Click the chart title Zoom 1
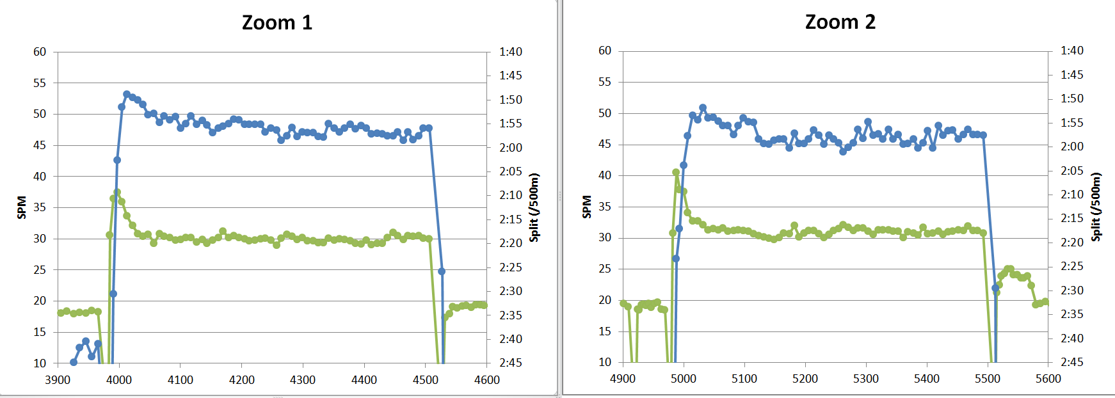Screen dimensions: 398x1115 [x=277, y=23]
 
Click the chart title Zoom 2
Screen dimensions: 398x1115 [x=840, y=22]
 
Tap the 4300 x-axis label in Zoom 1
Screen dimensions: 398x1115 [x=303, y=380]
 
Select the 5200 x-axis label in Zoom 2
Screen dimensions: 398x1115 [x=805, y=379]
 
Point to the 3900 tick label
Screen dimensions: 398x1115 [x=58, y=380]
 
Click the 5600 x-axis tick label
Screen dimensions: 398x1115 [x=1048, y=379]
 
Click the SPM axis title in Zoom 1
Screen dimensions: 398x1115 [x=22, y=207]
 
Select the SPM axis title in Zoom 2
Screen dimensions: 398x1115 [x=587, y=207]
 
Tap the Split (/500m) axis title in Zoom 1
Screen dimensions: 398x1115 [x=534, y=207]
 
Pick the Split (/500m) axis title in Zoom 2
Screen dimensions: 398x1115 [x=1096, y=207]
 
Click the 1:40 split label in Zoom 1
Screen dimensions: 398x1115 [x=511, y=52]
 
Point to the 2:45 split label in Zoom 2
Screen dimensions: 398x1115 [x=1072, y=362]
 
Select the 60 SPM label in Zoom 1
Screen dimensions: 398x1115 [x=40, y=52]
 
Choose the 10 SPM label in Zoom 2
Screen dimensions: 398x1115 [x=605, y=362]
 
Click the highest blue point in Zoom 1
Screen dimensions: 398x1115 [x=127, y=94]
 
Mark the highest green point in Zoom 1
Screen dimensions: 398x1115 [x=117, y=193]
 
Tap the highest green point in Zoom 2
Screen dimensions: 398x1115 [x=676, y=172]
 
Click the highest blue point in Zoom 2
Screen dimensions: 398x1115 [x=703, y=108]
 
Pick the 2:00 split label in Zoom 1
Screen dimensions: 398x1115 [x=511, y=148]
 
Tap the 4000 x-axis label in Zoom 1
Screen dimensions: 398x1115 [x=119, y=380]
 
